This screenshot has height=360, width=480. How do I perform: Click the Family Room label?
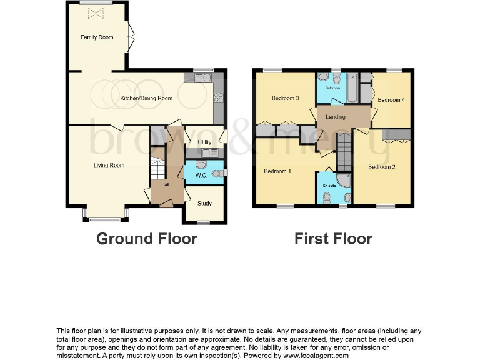[x=97, y=37]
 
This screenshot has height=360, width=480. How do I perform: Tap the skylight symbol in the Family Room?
[x=97, y=13]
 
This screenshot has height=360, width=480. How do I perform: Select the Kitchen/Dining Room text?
[x=146, y=98]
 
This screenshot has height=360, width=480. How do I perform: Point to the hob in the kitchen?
[x=219, y=97]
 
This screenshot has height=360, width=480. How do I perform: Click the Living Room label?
[x=109, y=166]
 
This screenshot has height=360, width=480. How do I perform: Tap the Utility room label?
[x=204, y=142]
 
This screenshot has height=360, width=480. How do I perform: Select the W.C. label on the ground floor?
[x=201, y=175]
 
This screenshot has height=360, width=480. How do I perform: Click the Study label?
[x=204, y=204]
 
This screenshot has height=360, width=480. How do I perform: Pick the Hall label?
[x=165, y=184]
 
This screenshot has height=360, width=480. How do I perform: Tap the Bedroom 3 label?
[x=285, y=98]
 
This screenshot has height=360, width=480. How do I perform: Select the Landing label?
[x=336, y=117]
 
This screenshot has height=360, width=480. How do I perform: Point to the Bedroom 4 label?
[x=391, y=100]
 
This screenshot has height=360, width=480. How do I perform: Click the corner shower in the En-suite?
[x=345, y=179]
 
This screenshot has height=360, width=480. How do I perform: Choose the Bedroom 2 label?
[x=381, y=167]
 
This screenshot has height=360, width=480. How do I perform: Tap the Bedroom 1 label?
[x=277, y=171]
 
